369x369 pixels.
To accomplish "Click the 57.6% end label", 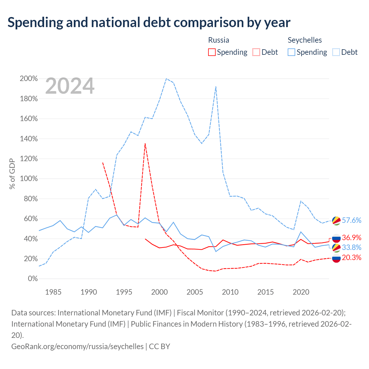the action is pyautogui.click(x=351, y=220).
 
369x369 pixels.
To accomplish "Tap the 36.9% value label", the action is pyautogui.click(x=351, y=238).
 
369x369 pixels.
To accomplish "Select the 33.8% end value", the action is pyautogui.click(x=351, y=247).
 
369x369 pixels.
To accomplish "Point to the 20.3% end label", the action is pyautogui.click(x=351, y=257).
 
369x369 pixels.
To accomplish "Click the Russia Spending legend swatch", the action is pyautogui.click(x=212, y=52).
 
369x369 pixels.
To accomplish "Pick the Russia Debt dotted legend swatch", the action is pyautogui.click(x=256, y=52).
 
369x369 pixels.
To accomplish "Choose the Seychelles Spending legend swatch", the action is pyautogui.click(x=291, y=52).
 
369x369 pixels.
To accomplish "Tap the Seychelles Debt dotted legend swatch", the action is pyautogui.click(x=336, y=52).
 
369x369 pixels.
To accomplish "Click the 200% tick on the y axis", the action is pyautogui.click(x=29, y=78).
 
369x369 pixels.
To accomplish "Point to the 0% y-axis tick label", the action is pyautogui.click(x=33, y=278).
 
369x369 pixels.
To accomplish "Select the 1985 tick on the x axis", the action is pyautogui.click(x=53, y=292).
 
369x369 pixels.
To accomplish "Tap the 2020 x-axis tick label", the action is pyautogui.click(x=301, y=292).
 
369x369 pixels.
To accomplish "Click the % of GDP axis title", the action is pyautogui.click(x=12, y=174).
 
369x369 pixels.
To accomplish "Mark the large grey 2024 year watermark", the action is pyautogui.click(x=70, y=86).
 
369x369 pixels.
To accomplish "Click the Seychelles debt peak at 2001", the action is pyautogui.click(x=166, y=78).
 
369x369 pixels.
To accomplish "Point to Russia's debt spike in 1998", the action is pyautogui.click(x=145, y=144).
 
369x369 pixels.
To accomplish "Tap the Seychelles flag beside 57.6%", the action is pyautogui.click(x=336, y=221).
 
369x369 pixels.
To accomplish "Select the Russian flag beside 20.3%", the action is pyautogui.click(x=336, y=258).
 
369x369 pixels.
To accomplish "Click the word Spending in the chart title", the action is pyautogui.click(x=35, y=22).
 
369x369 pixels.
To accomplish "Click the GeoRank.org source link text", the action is pyautogui.click(x=77, y=347).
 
